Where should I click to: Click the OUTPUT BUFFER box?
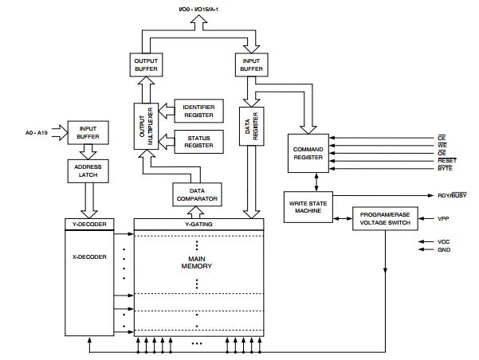[146, 65]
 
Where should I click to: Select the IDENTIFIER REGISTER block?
[199, 111]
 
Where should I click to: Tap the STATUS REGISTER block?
[199, 142]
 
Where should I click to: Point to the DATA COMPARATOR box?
[197, 194]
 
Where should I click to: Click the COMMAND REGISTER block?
[308, 153]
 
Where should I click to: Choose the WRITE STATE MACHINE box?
[308, 207]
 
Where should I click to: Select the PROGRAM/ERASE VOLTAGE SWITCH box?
[385, 218]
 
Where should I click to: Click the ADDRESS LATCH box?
[88, 171]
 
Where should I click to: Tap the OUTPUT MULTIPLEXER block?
[146, 126]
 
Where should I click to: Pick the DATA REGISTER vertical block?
[251, 126]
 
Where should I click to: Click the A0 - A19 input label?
[37, 133]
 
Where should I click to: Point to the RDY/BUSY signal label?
[452, 195]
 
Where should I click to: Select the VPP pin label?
[443, 218]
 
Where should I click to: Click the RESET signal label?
[447, 161]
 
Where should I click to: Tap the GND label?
[444, 250]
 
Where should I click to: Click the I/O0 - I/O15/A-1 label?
[198, 10]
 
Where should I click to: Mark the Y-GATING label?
[198, 224]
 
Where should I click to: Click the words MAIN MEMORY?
[197, 263]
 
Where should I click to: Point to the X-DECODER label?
[89, 257]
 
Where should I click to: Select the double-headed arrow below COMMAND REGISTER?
[316, 182]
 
